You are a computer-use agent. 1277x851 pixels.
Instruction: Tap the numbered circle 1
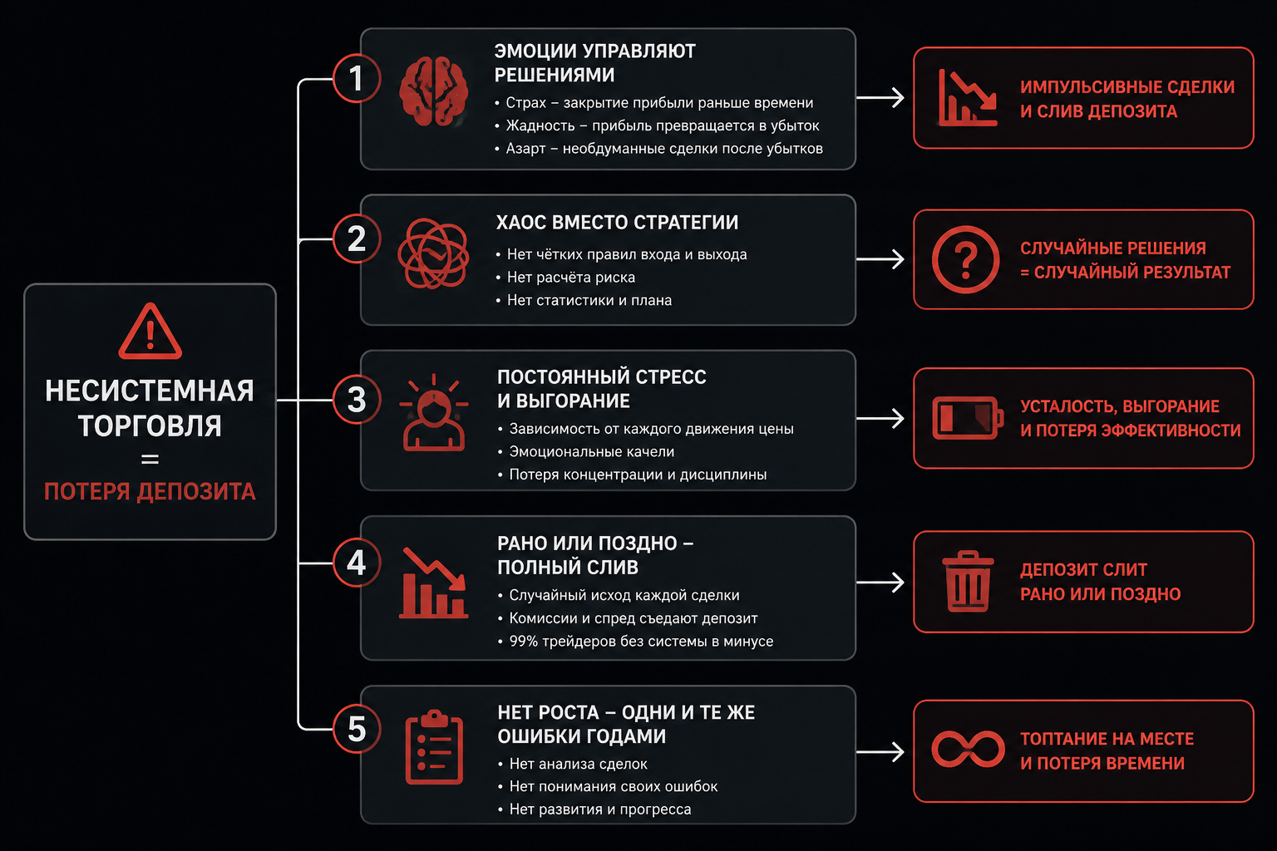[x=357, y=78]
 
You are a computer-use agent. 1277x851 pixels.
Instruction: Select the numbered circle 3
[x=357, y=400]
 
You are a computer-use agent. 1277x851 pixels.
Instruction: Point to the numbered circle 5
[x=357, y=729]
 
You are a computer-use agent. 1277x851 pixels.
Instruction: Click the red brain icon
[x=434, y=91]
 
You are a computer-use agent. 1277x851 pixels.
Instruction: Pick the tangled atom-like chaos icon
[x=433, y=253]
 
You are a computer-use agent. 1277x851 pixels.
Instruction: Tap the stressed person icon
[x=434, y=413]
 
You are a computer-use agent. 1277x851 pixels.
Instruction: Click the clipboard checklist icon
[x=434, y=747]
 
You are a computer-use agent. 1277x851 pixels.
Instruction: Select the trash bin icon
[x=968, y=582]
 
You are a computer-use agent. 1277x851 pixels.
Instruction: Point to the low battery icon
[x=968, y=418]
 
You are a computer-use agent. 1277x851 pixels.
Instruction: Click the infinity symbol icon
[x=968, y=749]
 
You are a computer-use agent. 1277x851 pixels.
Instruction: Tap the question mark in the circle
[x=966, y=259]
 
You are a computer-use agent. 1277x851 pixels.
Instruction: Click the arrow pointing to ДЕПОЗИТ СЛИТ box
[x=880, y=582]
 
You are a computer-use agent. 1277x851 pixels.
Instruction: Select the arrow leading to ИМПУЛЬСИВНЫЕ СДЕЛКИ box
[x=880, y=97]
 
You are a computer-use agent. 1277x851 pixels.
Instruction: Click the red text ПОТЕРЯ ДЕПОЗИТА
[x=150, y=491]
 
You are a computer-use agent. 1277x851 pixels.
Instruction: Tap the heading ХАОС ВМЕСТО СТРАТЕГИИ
[x=617, y=222]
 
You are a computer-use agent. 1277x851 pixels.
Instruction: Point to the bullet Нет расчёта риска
[x=570, y=277]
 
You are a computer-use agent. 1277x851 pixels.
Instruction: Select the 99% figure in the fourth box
[x=523, y=642]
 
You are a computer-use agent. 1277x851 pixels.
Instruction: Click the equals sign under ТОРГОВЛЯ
[x=150, y=459]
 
